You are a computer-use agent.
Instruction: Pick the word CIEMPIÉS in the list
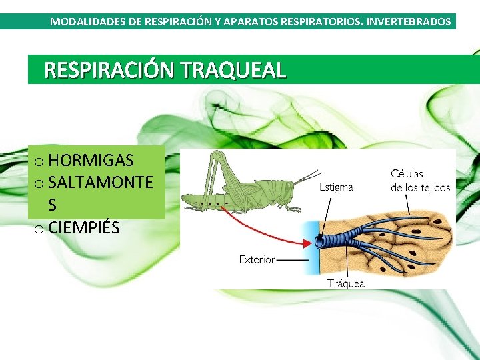(84, 227)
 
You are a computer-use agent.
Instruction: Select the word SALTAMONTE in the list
(100, 183)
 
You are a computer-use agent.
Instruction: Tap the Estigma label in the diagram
(336, 187)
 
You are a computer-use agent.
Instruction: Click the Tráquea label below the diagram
(346, 283)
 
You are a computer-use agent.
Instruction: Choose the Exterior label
(257, 259)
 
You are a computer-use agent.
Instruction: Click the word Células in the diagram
(407, 174)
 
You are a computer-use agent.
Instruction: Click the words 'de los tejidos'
(420, 187)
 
